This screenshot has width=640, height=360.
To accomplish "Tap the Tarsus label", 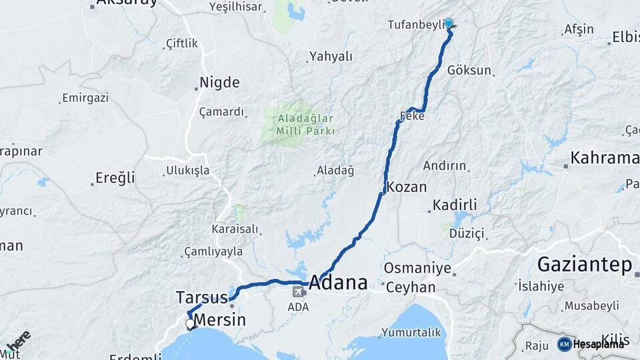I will (201, 297).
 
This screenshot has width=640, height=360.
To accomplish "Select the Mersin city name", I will (219, 319).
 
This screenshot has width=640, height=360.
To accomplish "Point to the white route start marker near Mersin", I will (191, 324).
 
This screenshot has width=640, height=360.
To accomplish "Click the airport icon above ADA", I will (299, 291).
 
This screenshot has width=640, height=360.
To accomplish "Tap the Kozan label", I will (406, 187).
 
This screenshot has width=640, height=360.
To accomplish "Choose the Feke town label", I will (411, 116).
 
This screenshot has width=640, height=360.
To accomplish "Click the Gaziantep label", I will (584, 265).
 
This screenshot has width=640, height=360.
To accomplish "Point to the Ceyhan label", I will (409, 287).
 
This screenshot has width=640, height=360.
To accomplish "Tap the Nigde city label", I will (219, 83).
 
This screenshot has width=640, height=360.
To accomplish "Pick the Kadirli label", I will (455, 205).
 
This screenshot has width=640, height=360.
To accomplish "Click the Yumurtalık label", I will (411, 332).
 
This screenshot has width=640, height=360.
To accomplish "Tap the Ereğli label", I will (115, 177).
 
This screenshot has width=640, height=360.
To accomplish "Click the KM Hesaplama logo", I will (591, 344).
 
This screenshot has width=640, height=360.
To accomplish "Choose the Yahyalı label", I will (331, 57).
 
